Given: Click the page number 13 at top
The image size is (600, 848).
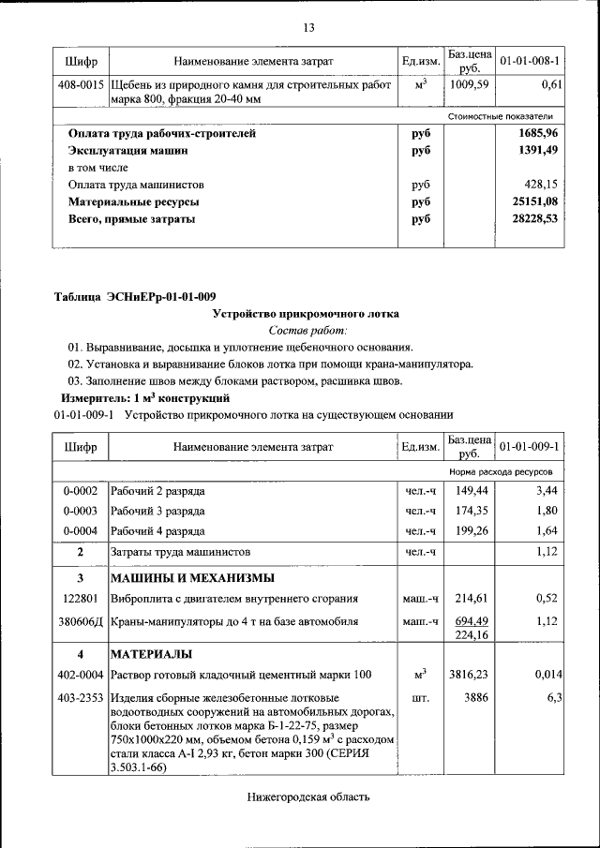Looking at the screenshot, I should pyautogui.click(x=307, y=27).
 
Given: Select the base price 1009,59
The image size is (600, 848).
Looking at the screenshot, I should pyautogui.click(x=470, y=85).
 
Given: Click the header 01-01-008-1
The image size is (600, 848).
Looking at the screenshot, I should pyautogui.click(x=530, y=62).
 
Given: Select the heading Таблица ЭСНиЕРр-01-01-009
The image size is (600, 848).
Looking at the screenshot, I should pyautogui.click(x=135, y=297).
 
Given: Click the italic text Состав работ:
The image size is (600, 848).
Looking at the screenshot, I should pyautogui.click(x=307, y=330).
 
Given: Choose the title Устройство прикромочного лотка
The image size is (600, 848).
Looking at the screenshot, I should pyautogui.click(x=307, y=314).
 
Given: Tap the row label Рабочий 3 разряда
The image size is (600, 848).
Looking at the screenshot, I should pyautogui.click(x=157, y=511).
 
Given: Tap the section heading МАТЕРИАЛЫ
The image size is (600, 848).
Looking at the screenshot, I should pyautogui.click(x=151, y=653).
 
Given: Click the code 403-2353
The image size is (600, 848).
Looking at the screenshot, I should pyautogui.click(x=82, y=698).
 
